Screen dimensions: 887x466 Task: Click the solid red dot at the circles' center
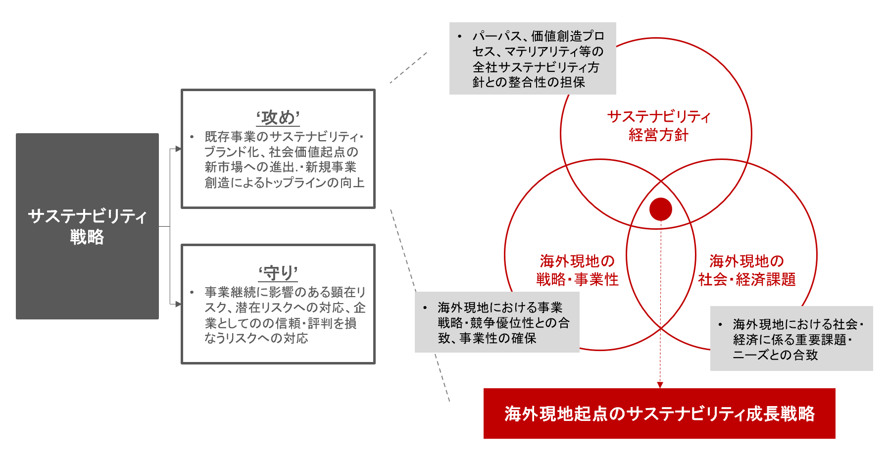coord(660,209)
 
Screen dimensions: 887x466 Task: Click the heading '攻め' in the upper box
coord(278,118)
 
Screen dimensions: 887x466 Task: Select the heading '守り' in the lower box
coord(278,273)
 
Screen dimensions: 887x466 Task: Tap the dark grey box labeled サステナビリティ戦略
coord(87,226)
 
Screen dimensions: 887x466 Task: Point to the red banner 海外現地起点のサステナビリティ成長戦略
coord(659,414)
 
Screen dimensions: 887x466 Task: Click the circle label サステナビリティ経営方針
coord(658,126)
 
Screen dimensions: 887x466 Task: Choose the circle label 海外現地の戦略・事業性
coord(577,270)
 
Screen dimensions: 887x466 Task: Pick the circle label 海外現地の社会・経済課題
coord(747,270)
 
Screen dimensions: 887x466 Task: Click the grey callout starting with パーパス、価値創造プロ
coord(533,58)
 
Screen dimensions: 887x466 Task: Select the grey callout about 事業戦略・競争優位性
coord(497,322)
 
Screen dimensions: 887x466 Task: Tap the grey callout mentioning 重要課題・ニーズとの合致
coord(791,339)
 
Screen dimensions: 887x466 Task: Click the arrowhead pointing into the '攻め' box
coord(178,149)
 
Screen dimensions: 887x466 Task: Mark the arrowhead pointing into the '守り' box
coord(178,304)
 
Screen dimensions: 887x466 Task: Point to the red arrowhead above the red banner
coord(660,385)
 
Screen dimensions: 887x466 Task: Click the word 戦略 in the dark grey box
coord(87,237)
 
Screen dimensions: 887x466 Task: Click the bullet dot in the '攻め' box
coord(192,137)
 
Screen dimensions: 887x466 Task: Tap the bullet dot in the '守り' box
coord(192,292)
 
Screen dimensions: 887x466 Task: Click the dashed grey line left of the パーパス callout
coord(408,68)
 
